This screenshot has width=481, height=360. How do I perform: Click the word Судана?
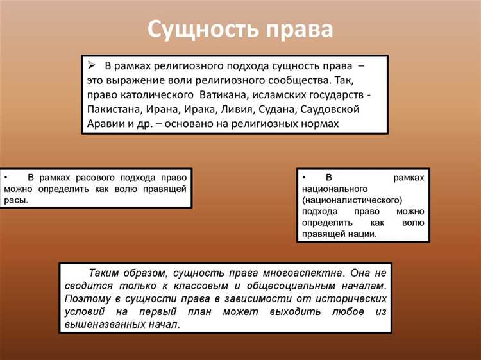(301, 110)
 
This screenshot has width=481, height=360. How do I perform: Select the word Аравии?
(108, 123)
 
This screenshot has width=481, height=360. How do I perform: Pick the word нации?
(362, 234)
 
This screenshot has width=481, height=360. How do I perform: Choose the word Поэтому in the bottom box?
(89, 299)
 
